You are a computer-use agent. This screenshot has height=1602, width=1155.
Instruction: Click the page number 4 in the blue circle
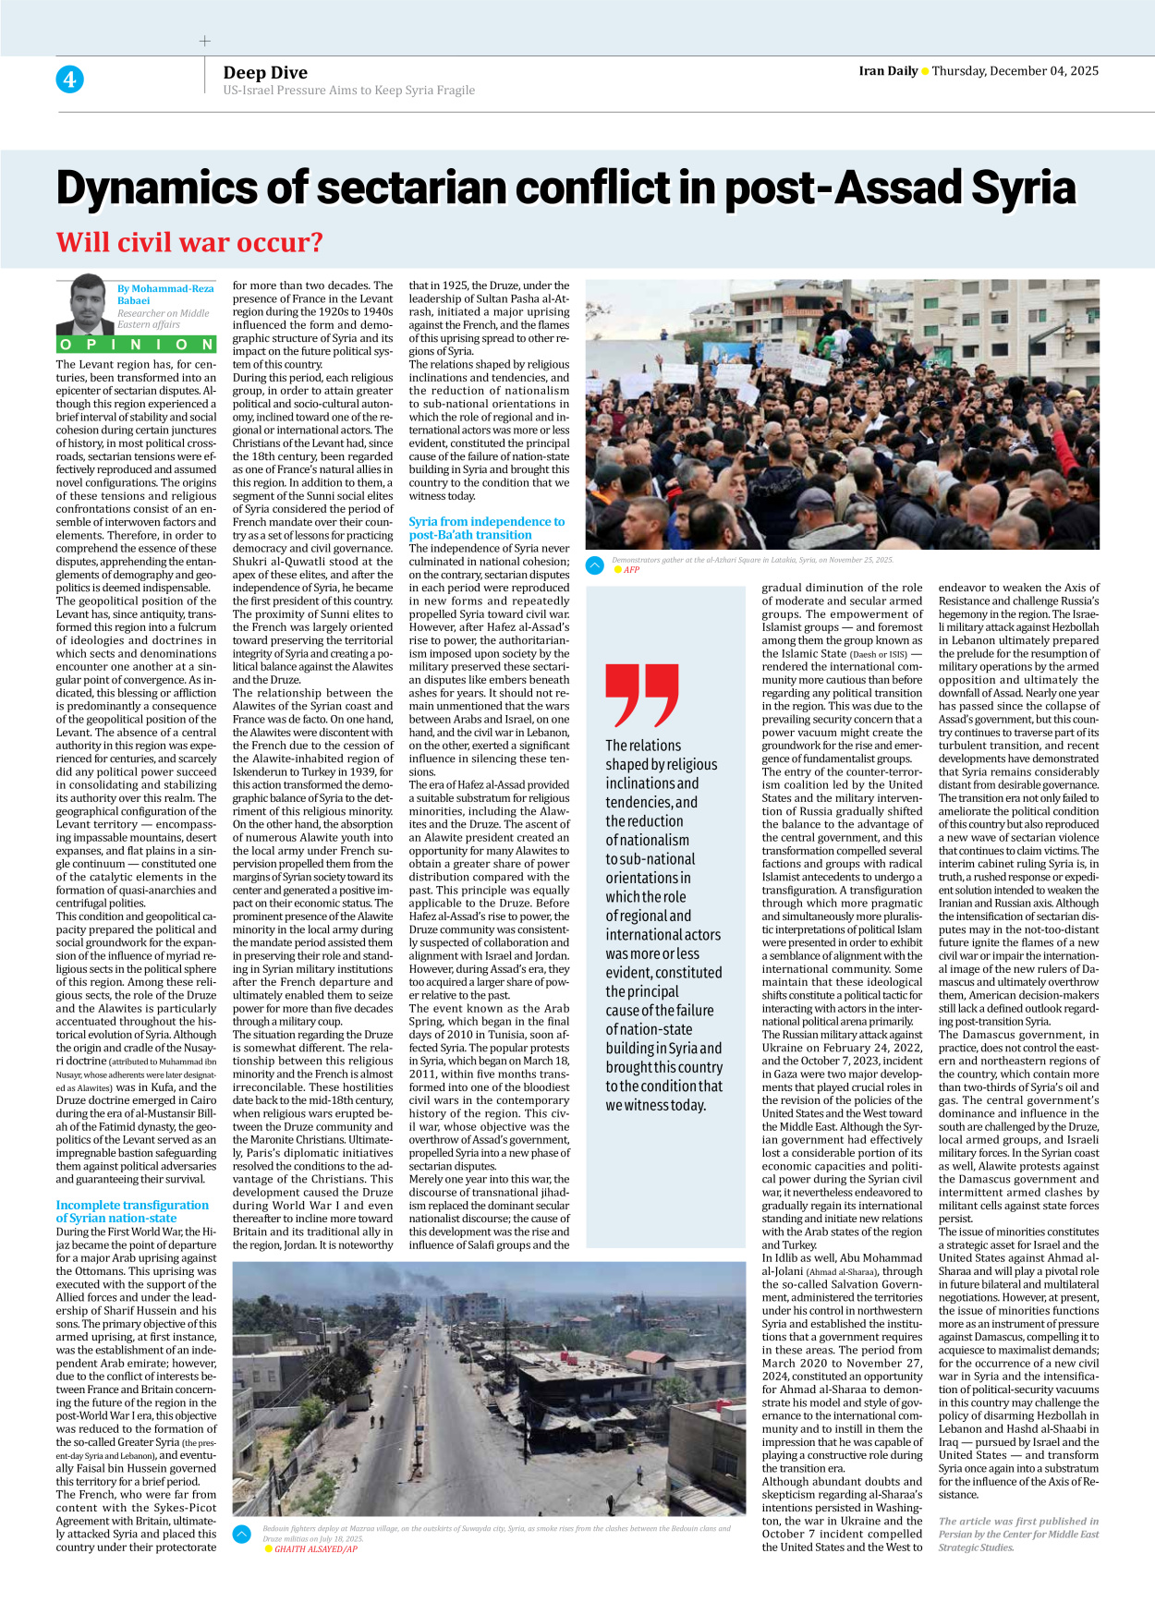[69, 79]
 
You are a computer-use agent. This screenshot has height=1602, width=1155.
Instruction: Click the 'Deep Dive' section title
[265, 72]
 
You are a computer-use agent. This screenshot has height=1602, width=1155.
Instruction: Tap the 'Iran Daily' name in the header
[887, 71]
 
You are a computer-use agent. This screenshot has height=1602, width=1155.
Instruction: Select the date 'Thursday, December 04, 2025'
[1015, 71]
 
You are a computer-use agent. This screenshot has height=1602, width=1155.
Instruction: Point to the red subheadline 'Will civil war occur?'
[189, 242]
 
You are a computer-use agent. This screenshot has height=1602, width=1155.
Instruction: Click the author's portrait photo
[86, 305]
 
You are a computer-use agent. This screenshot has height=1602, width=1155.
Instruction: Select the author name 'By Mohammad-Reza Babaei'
[164, 294]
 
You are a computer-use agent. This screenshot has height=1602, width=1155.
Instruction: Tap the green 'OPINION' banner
[136, 345]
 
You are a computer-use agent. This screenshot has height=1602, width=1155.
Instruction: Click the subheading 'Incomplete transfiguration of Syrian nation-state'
[131, 1211]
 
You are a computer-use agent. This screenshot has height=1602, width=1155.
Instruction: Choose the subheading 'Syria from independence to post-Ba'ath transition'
[486, 528]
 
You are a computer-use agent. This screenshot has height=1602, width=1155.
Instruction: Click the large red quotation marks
[641, 695]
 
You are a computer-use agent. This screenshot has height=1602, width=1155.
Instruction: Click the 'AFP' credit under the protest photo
[631, 570]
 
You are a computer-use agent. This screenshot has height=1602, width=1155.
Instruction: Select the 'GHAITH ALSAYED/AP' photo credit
[315, 1549]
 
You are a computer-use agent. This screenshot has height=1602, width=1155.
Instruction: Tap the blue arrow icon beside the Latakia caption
[595, 564]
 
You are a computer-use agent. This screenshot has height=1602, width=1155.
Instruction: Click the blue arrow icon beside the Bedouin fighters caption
[242, 1535]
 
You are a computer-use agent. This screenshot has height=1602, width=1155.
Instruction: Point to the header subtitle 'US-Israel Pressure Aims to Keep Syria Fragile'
[348, 91]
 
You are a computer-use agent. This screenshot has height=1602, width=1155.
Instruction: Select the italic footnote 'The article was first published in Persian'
[1018, 1534]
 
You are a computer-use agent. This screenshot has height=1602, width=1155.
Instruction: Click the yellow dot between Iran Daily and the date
[925, 72]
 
